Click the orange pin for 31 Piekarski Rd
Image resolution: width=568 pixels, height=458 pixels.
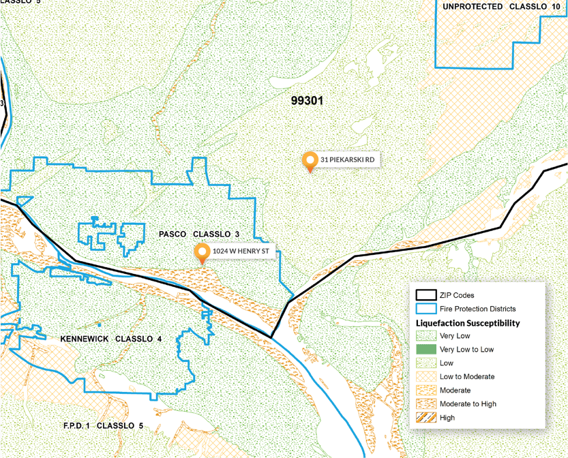click(x=310, y=160)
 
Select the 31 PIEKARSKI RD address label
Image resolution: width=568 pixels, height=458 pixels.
click(x=348, y=159)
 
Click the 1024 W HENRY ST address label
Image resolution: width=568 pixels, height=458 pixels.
click(x=241, y=251)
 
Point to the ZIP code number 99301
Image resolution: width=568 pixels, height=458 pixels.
click(x=307, y=101)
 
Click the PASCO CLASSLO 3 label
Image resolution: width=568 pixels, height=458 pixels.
click(x=199, y=234)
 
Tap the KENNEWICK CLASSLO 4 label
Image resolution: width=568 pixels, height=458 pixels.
click(x=111, y=339)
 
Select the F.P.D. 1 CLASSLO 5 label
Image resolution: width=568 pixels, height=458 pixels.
click(x=103, y=426)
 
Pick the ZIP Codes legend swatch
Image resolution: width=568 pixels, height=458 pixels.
click(x=426, y=295)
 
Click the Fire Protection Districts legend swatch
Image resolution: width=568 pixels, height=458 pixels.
click(x=426, y=309)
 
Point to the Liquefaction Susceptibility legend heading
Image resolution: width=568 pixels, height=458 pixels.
click(x=468, y=323)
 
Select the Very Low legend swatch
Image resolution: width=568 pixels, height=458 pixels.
click(x=426, y=336)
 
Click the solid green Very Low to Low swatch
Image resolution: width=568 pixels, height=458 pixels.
click(x=426, y=350)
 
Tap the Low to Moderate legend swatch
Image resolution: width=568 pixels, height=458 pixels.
click(x=426, y=377)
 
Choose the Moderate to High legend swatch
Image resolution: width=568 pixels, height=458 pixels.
click(x=426, y=404)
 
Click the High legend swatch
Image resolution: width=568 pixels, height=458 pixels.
click(x=426, y=418)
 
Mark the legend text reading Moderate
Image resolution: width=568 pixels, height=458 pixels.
click(x=455, y=391)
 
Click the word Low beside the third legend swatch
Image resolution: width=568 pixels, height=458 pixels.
click(x=447, y=363)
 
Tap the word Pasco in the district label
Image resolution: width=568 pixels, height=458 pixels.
click(x=173, y=234)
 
